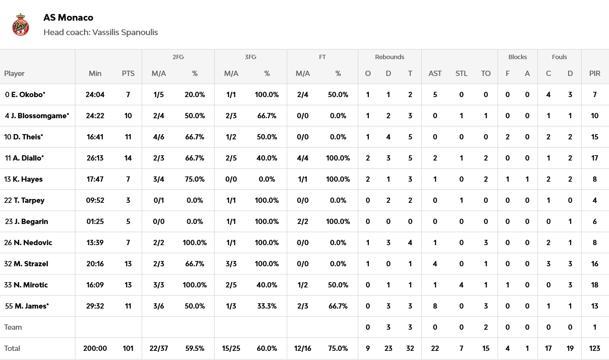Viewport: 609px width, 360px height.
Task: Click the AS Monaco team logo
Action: tap(21, 25)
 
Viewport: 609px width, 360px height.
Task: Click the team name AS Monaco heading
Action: tap(68, 17)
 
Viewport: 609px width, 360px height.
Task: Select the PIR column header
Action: tap(595, 74)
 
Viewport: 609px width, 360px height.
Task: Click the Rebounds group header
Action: tap(390, 57)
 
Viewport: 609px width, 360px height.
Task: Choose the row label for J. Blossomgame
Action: tap(40, 116)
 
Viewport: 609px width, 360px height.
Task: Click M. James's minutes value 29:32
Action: tap(95, 306)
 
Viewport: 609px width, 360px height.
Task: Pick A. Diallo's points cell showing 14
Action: tap(128, 158)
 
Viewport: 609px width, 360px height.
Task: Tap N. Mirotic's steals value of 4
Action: tap(461, 285)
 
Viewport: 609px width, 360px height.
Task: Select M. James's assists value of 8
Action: tap(435, 306)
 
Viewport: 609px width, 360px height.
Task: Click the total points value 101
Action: tap(128, 348)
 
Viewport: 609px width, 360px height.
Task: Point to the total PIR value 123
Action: tap(595, 348)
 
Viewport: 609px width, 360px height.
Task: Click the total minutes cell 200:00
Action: tap(95, 348)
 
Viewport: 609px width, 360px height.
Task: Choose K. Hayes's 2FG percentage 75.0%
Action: tap(195, 179)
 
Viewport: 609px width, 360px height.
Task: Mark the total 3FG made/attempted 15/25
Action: tap(231, 348)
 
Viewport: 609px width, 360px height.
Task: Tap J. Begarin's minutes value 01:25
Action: tap(95, 222)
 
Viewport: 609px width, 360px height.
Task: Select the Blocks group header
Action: tap(517, 57)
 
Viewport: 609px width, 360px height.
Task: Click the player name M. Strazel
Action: tap(31, 264)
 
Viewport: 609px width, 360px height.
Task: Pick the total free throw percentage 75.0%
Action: tap(338, 348)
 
